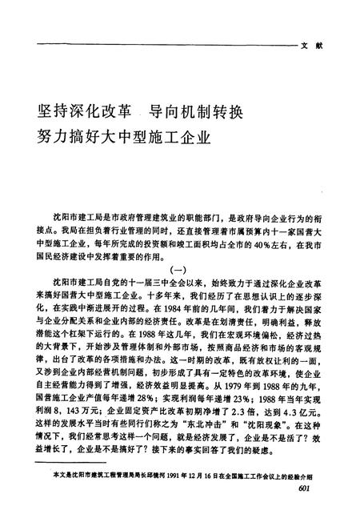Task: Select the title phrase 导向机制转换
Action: coord(192,105)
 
